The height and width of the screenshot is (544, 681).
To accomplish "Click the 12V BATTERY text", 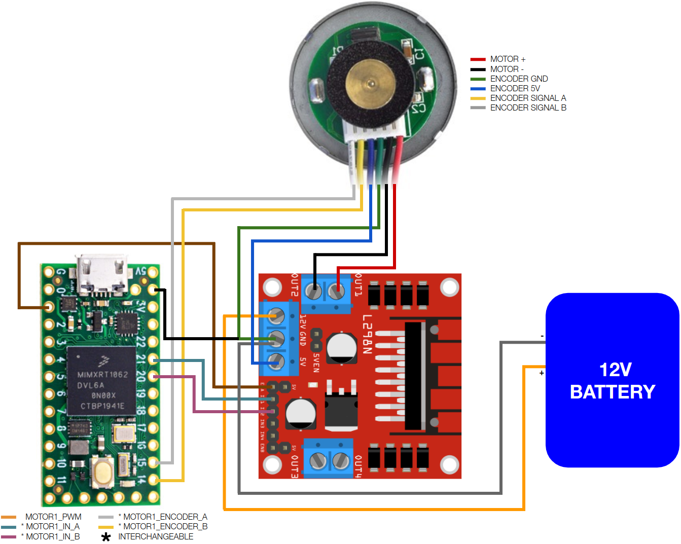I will click(x=613, y=381).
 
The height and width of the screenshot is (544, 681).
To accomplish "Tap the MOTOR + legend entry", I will click(x=508, y=59).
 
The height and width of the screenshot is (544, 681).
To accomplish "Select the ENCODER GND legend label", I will click(x=519, y=79).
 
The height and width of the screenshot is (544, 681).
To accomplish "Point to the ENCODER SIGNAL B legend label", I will click(x=528, y=107).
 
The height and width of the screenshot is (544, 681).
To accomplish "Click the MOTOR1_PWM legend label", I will click(x=53, y=517).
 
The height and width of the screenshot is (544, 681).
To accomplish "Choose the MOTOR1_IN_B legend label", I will click(x=53, y=536).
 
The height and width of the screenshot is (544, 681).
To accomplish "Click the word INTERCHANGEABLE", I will click(x=156, y=536).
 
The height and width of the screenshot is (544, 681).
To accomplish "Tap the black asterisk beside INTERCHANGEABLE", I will click(x=106, y=537).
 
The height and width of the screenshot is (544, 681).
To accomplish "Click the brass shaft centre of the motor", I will click(x=371, y=84).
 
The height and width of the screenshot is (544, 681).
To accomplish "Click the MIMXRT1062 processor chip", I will click(x=102, y=380).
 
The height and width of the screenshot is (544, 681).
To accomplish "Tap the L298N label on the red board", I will click(x=368, y=334).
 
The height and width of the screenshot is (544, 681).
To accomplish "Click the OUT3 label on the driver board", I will click(x=295, y=466).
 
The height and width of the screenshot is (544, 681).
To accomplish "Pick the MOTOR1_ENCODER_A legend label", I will click(x=165, y=517).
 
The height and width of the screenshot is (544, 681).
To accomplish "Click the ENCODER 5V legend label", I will click(x=515, y=88).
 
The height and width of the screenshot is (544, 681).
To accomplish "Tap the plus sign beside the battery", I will click(x=542, y=373).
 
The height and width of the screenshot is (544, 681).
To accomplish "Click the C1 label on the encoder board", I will click(x=419, y=53).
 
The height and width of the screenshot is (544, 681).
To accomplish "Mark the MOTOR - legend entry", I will click(x=507, y=69).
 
